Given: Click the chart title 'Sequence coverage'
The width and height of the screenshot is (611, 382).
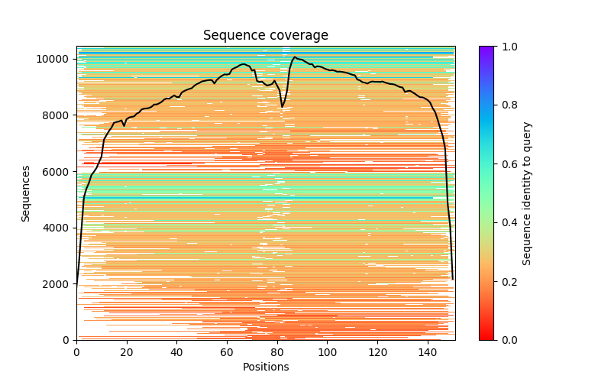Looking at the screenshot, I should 265,35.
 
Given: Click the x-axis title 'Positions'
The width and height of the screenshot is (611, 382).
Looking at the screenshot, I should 265,367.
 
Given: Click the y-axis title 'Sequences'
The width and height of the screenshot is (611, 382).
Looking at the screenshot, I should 26,193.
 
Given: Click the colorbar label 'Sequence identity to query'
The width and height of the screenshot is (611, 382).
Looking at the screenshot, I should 528,193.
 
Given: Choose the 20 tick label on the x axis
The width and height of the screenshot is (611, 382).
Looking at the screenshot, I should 127,352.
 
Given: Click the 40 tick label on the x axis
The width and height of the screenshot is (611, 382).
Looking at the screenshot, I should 176,352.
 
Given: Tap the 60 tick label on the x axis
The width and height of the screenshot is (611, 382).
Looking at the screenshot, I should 227,352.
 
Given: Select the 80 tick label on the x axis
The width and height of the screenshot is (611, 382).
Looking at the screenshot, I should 277,352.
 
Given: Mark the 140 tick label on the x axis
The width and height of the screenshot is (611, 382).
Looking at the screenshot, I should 428,352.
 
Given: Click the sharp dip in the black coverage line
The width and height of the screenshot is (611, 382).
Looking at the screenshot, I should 283,106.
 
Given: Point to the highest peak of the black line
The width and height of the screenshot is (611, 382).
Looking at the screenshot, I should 295,57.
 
